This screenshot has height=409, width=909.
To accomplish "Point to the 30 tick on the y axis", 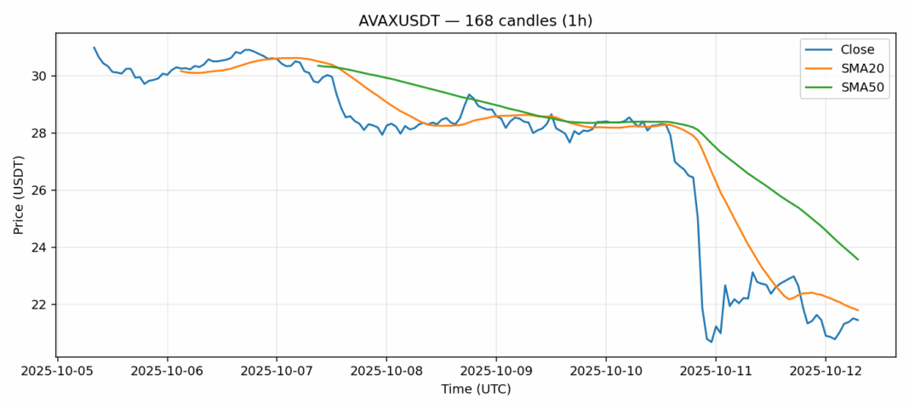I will [x=41, y=77].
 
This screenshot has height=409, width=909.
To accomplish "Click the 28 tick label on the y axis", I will [x=41, y=133].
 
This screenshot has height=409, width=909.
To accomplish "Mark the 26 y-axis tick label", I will [x=41, y=190].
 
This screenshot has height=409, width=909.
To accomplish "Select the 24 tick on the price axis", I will [x=41, y=247].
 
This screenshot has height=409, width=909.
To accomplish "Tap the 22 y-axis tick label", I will [x=41, y=304].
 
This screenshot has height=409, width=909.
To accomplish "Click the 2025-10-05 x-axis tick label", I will [x=57, y=372].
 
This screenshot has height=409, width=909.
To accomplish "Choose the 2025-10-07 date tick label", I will [x=277, y=372].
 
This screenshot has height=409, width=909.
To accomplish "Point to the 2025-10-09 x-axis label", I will [x=496, y=372].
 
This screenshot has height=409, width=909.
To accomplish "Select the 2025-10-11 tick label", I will [x=716, y=372].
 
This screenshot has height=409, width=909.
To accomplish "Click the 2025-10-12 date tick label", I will [x=825, y=372].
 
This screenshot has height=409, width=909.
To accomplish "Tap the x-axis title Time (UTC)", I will [x=476, y=389].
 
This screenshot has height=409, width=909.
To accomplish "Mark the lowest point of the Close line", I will [x=712, y=342].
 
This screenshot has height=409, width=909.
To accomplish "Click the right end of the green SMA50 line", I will [x=858, y=259].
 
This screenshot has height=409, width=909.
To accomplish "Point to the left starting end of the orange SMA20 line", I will [x=180, y=71].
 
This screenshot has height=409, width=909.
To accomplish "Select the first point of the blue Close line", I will [x=94, y=48].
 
